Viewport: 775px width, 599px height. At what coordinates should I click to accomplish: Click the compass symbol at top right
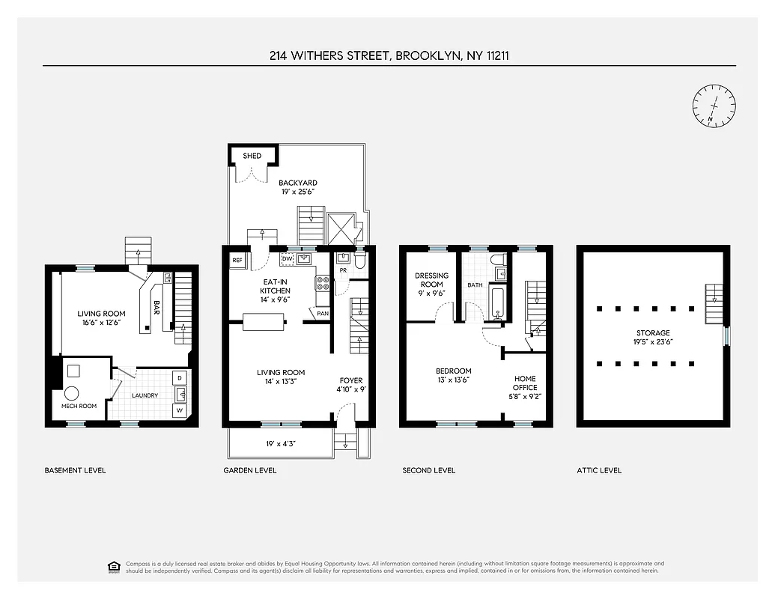[714, 106]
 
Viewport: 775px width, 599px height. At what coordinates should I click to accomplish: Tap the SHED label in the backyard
[252, 156]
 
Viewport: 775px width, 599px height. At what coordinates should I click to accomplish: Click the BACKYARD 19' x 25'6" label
[298, 187]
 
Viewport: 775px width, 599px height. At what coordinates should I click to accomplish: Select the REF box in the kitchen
[237, 261]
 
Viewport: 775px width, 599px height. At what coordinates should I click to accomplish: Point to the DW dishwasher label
[287, 259]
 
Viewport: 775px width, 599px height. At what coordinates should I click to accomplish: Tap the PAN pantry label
[323, 314]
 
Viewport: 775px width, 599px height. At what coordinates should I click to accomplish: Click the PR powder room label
[342, 271]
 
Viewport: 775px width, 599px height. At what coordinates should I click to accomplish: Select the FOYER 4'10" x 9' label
[351, 385]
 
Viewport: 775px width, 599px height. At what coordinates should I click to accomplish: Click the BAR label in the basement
[157, 307]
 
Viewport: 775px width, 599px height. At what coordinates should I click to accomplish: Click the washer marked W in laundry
[180, 410]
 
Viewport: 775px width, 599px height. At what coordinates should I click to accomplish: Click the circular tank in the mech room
[72, 392]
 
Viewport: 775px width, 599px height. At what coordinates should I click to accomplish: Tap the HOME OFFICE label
[525, 383]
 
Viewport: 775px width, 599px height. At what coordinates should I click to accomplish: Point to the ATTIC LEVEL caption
[599, 470]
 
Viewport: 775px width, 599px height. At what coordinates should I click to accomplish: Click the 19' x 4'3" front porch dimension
[281, 444]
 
